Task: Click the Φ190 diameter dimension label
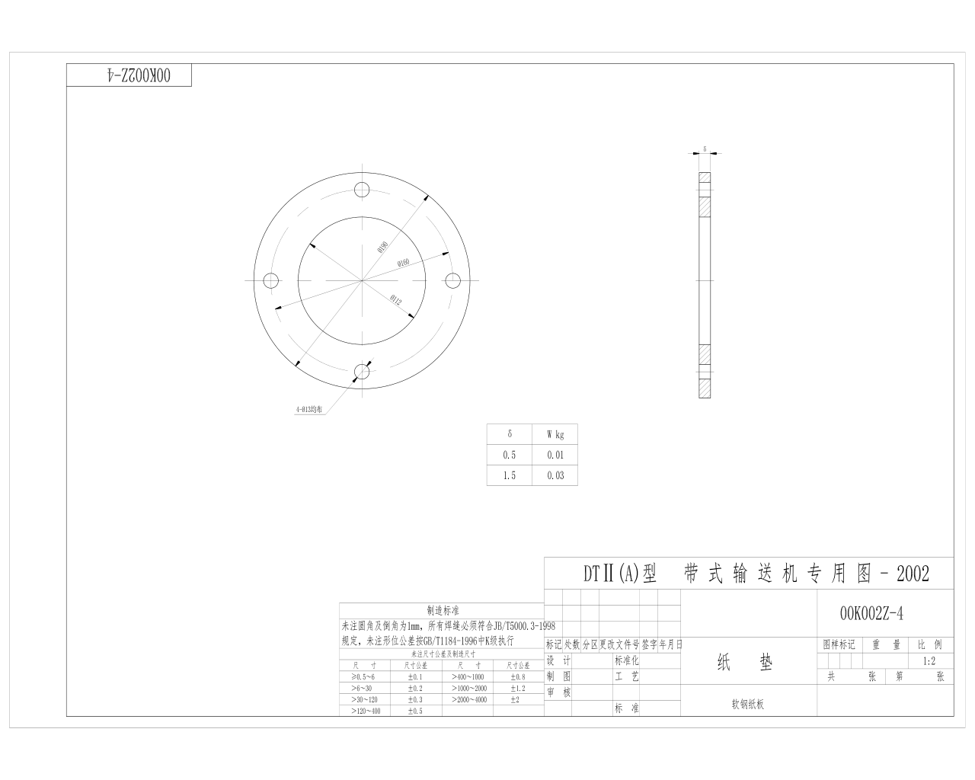(x=382, y=247)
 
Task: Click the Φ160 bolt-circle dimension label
(x=403, y=263)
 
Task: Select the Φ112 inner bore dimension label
(x=395, y=299)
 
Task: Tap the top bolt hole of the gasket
(x=362, y=189)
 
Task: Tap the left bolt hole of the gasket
(x=270, y=281)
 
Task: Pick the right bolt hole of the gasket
(x=453, y=281)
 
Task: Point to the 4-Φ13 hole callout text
(x=309, y=409)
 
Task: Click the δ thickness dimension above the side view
(x=705, y=149)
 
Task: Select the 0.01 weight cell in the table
(x=555, y=456)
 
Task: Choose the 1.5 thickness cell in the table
(x=509, y=475)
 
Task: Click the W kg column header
(x=555, y=435)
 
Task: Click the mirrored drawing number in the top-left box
(x=129, y=75)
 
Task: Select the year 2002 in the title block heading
(x=913, y=574)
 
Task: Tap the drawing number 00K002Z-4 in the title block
(x=871, y=613)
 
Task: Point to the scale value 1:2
(x=929, y=661)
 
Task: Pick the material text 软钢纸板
(x=747, y=705)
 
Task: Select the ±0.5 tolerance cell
(x=414, y=711)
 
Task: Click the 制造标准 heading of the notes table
(x=443, y=611)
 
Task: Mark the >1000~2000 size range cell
(x=469, y=688)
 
